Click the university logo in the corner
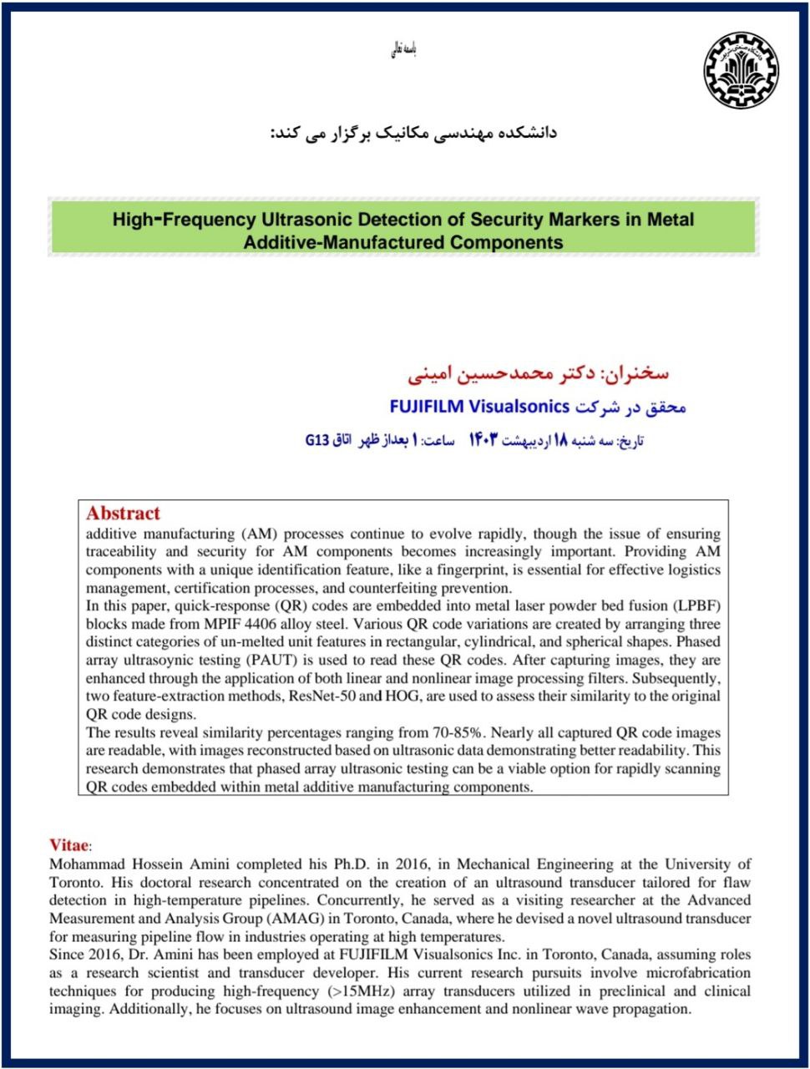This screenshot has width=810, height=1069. coord(740,71)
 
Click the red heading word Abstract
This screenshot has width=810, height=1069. coord(123,514)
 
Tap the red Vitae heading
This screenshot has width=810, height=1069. coord(68,845)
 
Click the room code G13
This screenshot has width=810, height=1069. coord(318,440)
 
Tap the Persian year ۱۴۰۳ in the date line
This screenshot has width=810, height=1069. coord(512,440)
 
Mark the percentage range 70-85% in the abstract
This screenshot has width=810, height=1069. coord(454,732)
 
